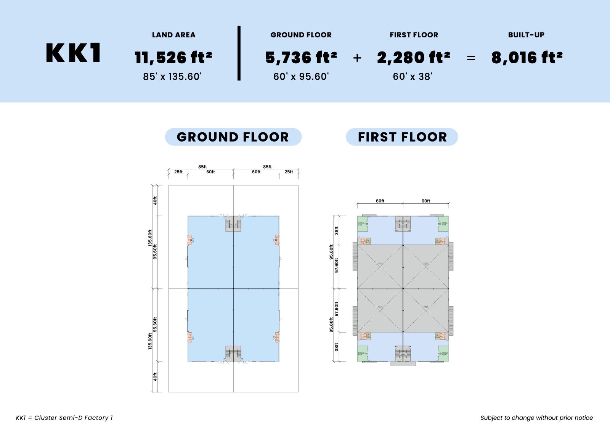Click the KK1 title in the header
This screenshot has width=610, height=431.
(x=74, y=53)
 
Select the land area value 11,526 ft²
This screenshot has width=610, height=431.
(x=173, y=58)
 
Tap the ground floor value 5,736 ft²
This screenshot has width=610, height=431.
(x=301, y=58)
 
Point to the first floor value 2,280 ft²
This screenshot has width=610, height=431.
(x=414, y=58)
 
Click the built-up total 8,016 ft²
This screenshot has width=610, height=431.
(x=527, y=58)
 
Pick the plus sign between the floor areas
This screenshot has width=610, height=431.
(x=357, y=58)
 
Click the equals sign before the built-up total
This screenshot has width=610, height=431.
(x=471, y=58)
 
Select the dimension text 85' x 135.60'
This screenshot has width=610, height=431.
(x=172, y=77)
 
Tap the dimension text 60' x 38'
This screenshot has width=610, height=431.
(x=413, y=77)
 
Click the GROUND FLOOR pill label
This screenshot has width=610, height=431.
(x=233, y=137)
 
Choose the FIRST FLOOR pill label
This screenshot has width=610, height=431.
(x=402, y=137)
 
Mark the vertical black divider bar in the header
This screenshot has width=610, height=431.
(x=239, y=53)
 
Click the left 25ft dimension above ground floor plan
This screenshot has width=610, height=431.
(x=178, y=172)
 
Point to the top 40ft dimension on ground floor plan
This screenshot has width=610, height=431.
(x=155, y=201)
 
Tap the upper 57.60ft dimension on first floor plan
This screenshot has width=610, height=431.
(x=337, y=265)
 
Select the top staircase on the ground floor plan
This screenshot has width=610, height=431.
(x=233, y=224)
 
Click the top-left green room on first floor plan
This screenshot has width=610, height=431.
(x=362, y=224)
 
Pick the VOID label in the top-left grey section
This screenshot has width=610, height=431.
(x=380, y=264)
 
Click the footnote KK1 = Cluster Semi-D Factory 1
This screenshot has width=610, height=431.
(x=64, y=418)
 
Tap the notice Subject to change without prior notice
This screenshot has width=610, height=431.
(x=536, y=418)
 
